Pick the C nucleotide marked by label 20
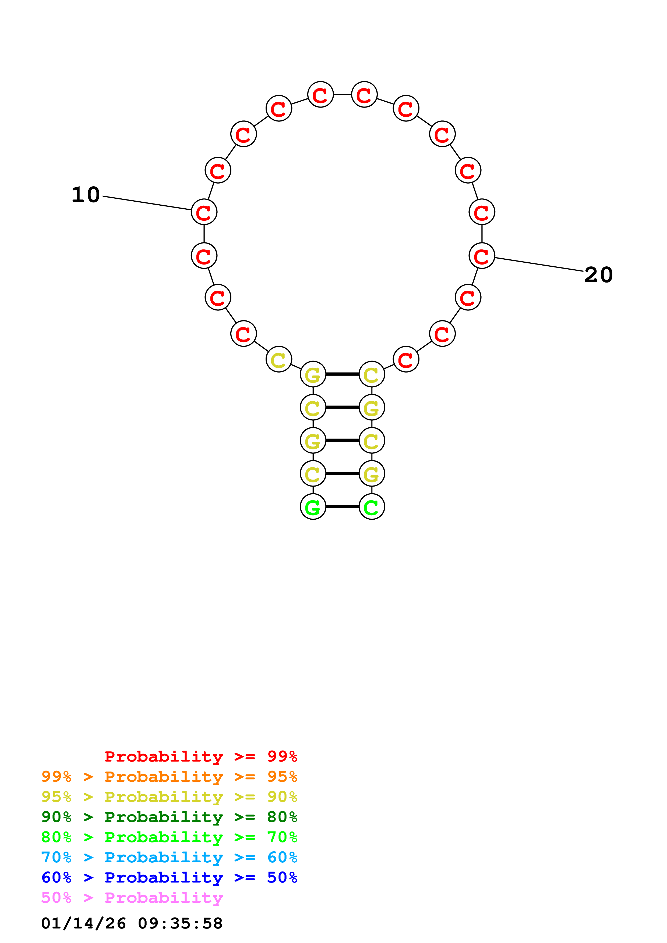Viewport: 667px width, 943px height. point(482,256)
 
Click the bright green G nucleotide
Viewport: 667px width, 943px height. point(313,507)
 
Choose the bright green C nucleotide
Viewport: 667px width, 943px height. point(372,507)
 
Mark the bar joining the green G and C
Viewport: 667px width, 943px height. point(342,507)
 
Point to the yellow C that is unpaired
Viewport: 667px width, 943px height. point(279,359)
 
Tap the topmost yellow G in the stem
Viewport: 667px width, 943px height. point(313,374)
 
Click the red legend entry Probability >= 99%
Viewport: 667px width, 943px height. point(200,756)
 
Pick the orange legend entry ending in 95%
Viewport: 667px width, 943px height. point(169,777)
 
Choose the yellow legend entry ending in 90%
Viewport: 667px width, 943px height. point(169,797)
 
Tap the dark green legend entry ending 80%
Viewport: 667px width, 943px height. point(169,817)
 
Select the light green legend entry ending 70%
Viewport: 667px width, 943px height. point(169,837)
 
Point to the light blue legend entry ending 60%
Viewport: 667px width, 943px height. point(169,857)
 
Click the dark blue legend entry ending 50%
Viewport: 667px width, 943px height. point(169,877)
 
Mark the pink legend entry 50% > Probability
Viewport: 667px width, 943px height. point(132,897)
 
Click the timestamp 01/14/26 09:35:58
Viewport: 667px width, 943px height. point(132,923)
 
